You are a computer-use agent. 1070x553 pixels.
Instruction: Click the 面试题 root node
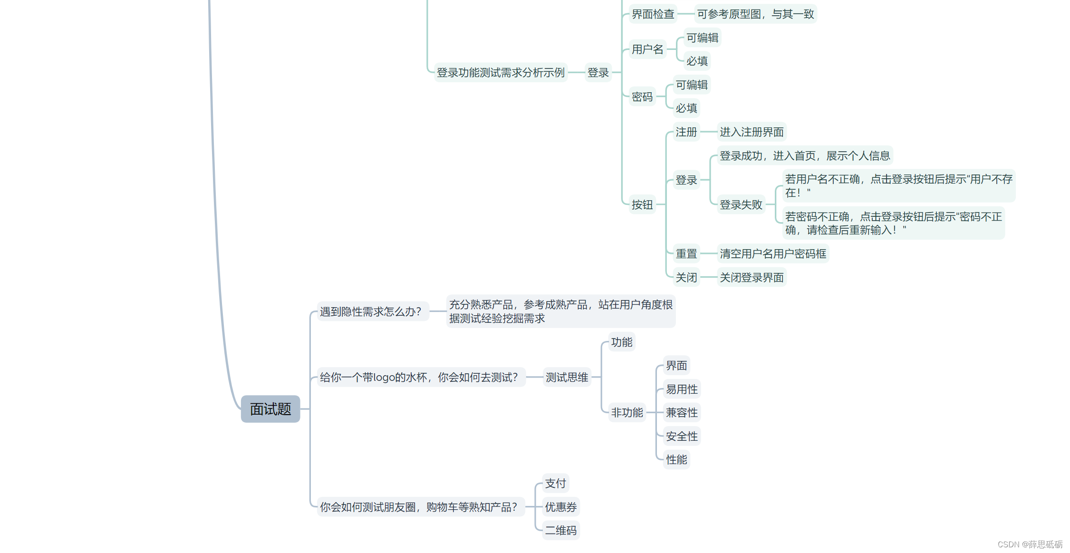tap(270, 409)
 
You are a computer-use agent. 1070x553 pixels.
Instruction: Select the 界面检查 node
tap(653, 14)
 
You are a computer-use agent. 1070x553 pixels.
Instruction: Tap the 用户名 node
tap(647, 49)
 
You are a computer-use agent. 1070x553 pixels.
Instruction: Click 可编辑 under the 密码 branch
tap(692, 85)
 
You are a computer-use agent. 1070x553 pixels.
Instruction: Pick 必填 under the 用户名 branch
tap(697, 61)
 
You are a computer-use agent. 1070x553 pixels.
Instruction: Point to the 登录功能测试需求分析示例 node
tap(501, 73)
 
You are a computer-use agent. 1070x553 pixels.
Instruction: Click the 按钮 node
tap(642, 205)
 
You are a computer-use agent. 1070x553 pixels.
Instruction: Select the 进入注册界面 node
tap(751, 132)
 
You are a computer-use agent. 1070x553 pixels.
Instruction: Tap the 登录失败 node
tap(741, 205)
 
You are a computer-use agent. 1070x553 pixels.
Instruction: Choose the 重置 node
tap(686, 254)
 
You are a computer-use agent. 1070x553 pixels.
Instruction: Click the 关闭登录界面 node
tap(751, 278)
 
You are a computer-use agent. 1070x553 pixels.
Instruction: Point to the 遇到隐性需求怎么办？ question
tap(371, 312)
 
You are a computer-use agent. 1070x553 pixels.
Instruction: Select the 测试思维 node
tap(567, 378)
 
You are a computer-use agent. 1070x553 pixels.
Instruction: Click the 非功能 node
tap(627, 413)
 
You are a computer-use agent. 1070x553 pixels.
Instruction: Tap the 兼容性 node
tap(682, 413)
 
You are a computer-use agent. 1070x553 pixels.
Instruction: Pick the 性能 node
tap(676, 460)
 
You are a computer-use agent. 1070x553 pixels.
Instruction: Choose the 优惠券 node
tap(560, 507)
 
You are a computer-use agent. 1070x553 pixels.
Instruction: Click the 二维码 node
tap(560, 531)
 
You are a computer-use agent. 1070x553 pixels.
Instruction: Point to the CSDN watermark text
tap(1030, 544)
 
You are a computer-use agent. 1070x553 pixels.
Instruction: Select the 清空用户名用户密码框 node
tap(772, 254)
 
